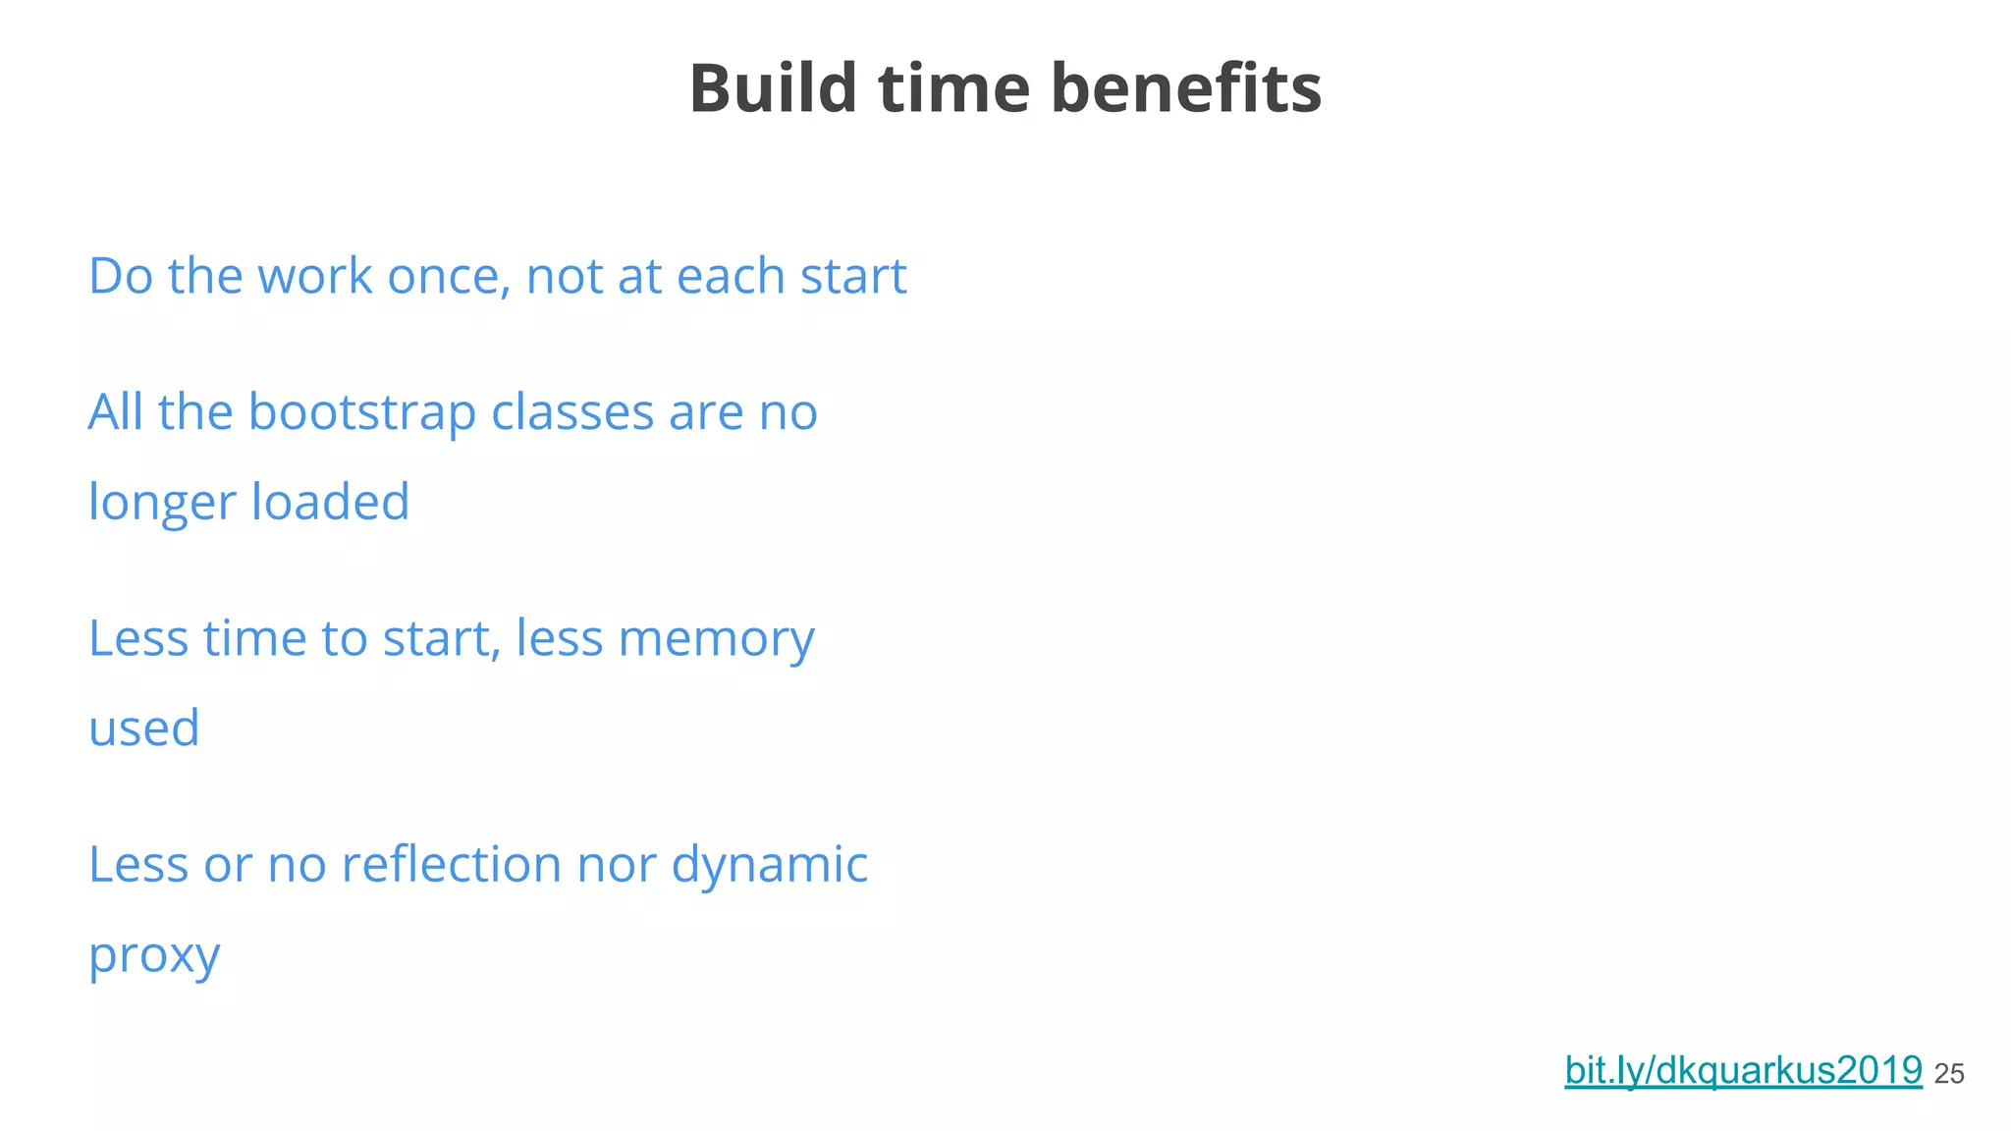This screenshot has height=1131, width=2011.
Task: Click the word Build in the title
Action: pyautogui.click(x=773, y=88)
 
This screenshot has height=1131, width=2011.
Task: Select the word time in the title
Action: pyautogui.click(x=953, y=88)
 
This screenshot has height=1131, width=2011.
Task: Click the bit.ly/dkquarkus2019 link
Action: pyautogui.click(x=1743, y=1070)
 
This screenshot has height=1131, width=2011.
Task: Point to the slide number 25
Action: pyautogui.click(x=1949, y=1074)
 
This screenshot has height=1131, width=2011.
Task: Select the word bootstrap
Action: pyautogui.click(x=362, y=411)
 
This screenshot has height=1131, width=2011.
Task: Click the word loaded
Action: pyautogui.click(x=330, y=502)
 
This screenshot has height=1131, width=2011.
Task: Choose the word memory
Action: pyautogui.click(x=717, y=639)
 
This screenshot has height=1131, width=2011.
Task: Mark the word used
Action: pyautogui.click(x=143, y=728)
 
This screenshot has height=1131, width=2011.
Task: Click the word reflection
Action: pyautogui.click(x=451, y=865)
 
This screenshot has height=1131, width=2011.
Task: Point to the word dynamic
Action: pyautogui.click(x=770, y=866)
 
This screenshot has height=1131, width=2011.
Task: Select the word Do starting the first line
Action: pyautogui.click(x=121, y=276)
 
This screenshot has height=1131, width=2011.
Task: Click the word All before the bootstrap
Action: pyautogui.click(x=116, y=411)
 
